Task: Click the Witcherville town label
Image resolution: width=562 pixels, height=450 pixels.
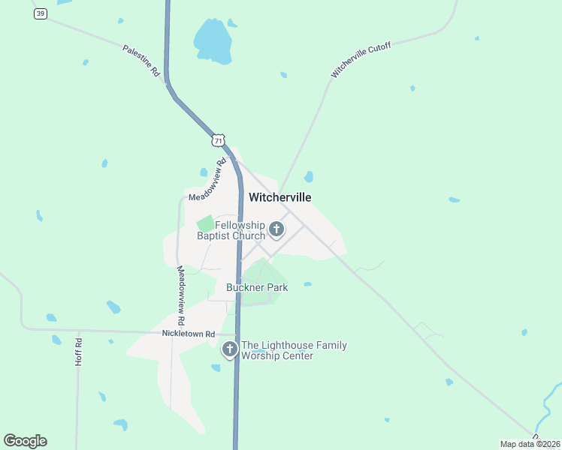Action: (x=279, y=197)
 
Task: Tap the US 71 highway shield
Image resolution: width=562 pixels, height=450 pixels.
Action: (x=218, y=140)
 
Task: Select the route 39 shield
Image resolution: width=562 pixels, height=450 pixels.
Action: (x=41, y=14)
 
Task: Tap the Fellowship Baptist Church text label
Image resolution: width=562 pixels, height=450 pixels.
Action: (x=231, y=230)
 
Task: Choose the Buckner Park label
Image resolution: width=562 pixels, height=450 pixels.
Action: (x=257, y=287)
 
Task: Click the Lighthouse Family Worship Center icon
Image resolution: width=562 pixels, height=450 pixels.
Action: (x=229, y=349)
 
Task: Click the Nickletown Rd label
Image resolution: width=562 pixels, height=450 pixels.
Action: (x=189, y=333)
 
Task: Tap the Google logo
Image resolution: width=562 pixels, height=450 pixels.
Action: (x=25, y=441)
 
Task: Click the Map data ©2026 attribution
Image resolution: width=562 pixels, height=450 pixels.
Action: (x=530, y=444)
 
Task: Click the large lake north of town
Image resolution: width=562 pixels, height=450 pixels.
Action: (x=212, y=41)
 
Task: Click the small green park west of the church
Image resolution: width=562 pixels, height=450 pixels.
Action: (x=205, y=223)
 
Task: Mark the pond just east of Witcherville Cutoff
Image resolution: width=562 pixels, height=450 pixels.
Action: (x=309, y=177)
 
